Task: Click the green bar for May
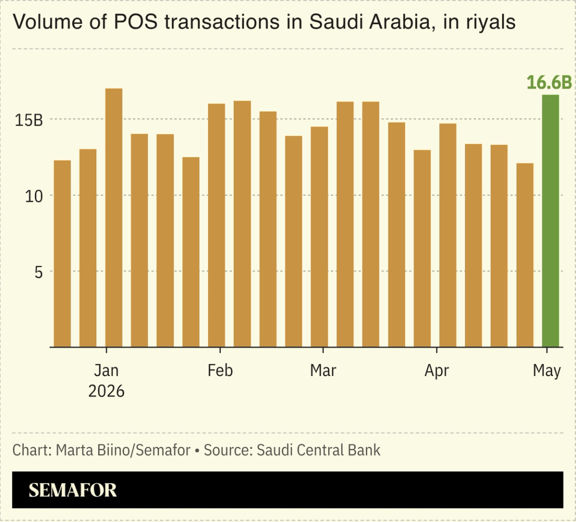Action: pos(550,221)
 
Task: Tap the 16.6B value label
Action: pos(549,82)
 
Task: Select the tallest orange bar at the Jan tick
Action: pos(114,218)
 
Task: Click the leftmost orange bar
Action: pos(62,254)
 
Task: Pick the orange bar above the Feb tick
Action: pos(216,225)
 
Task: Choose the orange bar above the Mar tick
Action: pos(319,237)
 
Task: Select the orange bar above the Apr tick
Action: pos(448,235)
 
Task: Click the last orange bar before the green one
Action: pos(524,255)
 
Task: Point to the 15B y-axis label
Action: pos(28,120)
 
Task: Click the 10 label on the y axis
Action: pos(34,196)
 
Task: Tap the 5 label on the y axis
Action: pos(38,272)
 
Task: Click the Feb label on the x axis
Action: pos(220,370)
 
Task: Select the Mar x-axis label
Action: pos(323,370)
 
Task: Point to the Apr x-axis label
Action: pos(436,371)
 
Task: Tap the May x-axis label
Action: pos(546,371)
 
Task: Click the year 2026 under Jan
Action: pos(106,391)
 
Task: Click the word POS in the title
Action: pos(135,21)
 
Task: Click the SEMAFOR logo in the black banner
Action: pos(72,490)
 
